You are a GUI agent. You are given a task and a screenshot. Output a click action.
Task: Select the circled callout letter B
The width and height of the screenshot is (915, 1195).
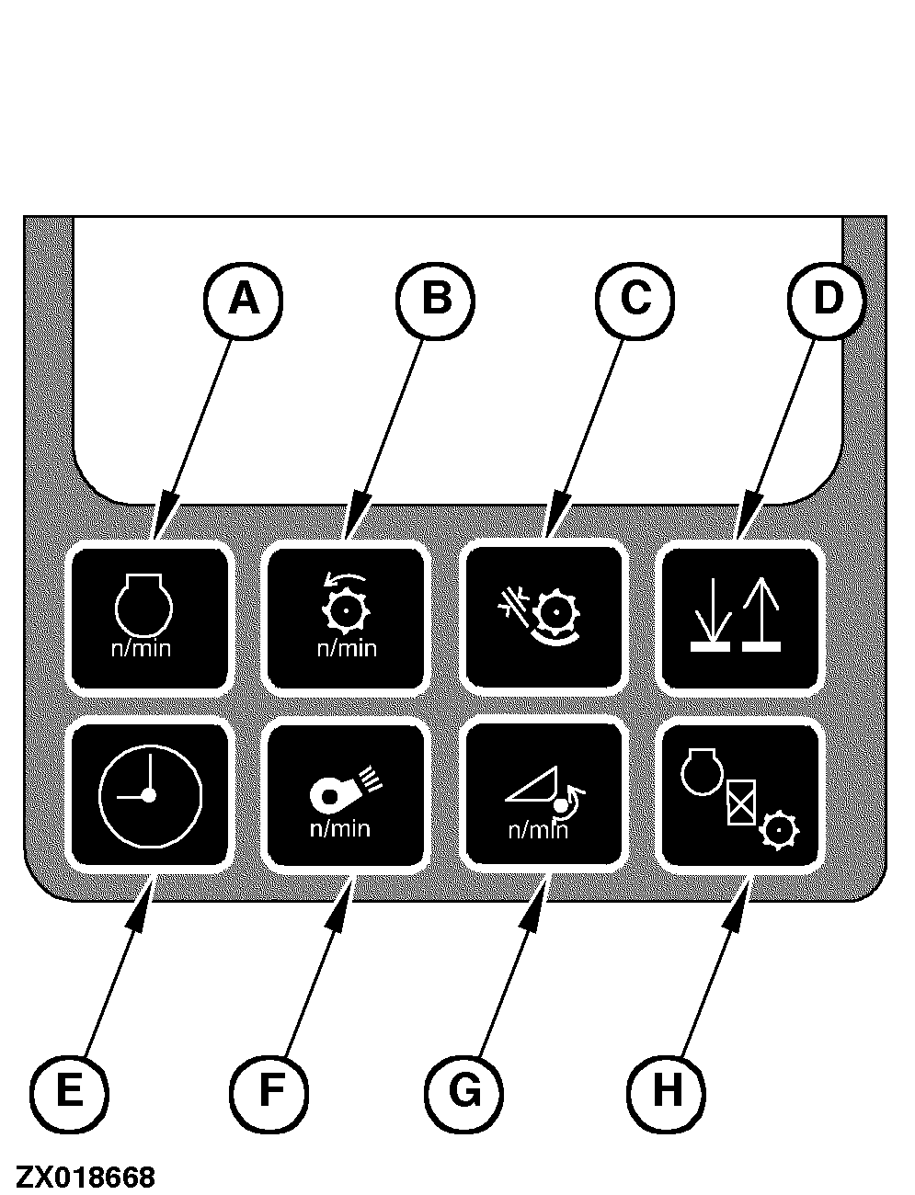tap(435, 298)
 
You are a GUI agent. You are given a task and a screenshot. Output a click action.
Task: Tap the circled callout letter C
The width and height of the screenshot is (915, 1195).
tap(635, 298)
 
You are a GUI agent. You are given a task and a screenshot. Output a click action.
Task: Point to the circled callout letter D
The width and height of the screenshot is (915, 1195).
tap(828, 298)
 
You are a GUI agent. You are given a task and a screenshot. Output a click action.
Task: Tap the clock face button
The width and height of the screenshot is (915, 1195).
tap(149, 794)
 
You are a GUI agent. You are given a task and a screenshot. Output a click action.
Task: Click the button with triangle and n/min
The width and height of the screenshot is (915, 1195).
tap(544, 794)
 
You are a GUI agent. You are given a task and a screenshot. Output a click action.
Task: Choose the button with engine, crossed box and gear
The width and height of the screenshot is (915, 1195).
tap(740, 794)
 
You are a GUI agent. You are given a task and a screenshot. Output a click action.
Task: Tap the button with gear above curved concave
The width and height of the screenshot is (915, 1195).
tap(544, 618)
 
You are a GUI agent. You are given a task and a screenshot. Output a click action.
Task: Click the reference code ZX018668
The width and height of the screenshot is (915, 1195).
tap(86, 1177)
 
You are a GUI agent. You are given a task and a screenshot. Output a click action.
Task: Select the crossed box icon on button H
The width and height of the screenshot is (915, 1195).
tap(739, 802)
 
